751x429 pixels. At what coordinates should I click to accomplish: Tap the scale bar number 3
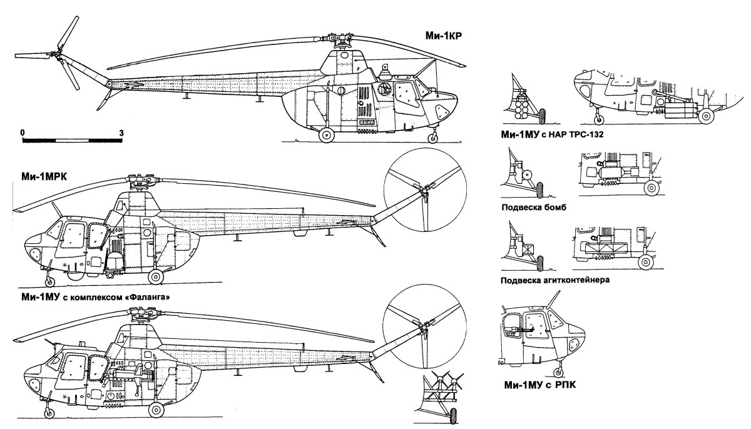pos(121,133)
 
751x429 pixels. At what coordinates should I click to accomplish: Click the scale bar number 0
pos(23,133)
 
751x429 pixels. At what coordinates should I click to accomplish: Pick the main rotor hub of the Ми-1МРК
pos(134,183)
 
